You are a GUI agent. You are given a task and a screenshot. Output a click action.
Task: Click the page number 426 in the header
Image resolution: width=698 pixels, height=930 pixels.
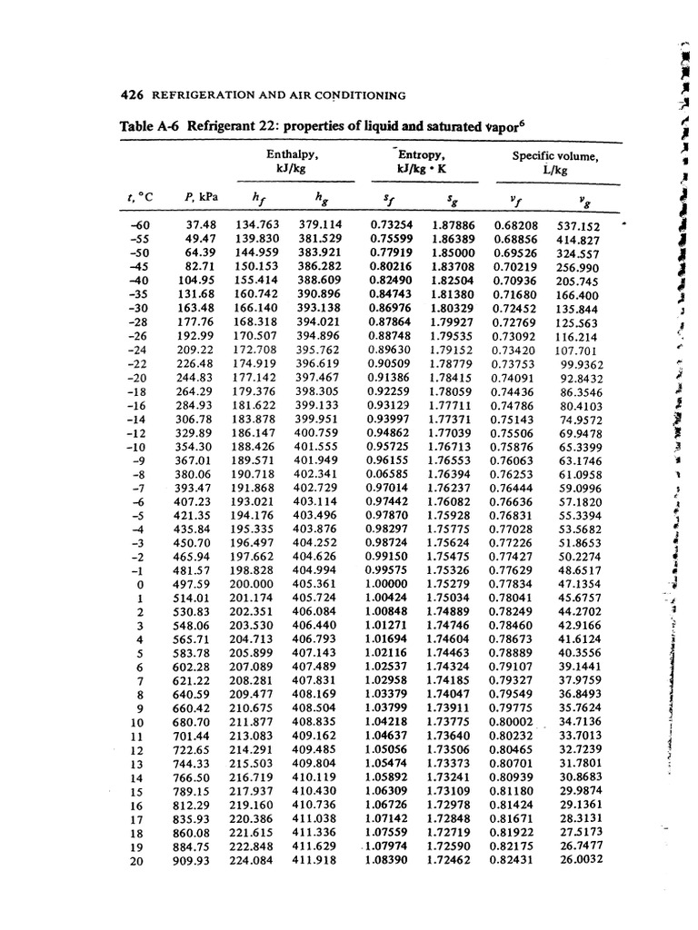point(133,95)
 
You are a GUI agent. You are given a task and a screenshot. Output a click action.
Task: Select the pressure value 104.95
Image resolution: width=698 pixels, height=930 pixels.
point(201,282)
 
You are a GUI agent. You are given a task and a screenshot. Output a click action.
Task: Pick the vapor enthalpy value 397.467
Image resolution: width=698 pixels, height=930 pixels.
point(318,378)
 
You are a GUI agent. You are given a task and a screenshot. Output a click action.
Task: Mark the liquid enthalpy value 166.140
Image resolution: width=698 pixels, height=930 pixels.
point(255,309)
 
